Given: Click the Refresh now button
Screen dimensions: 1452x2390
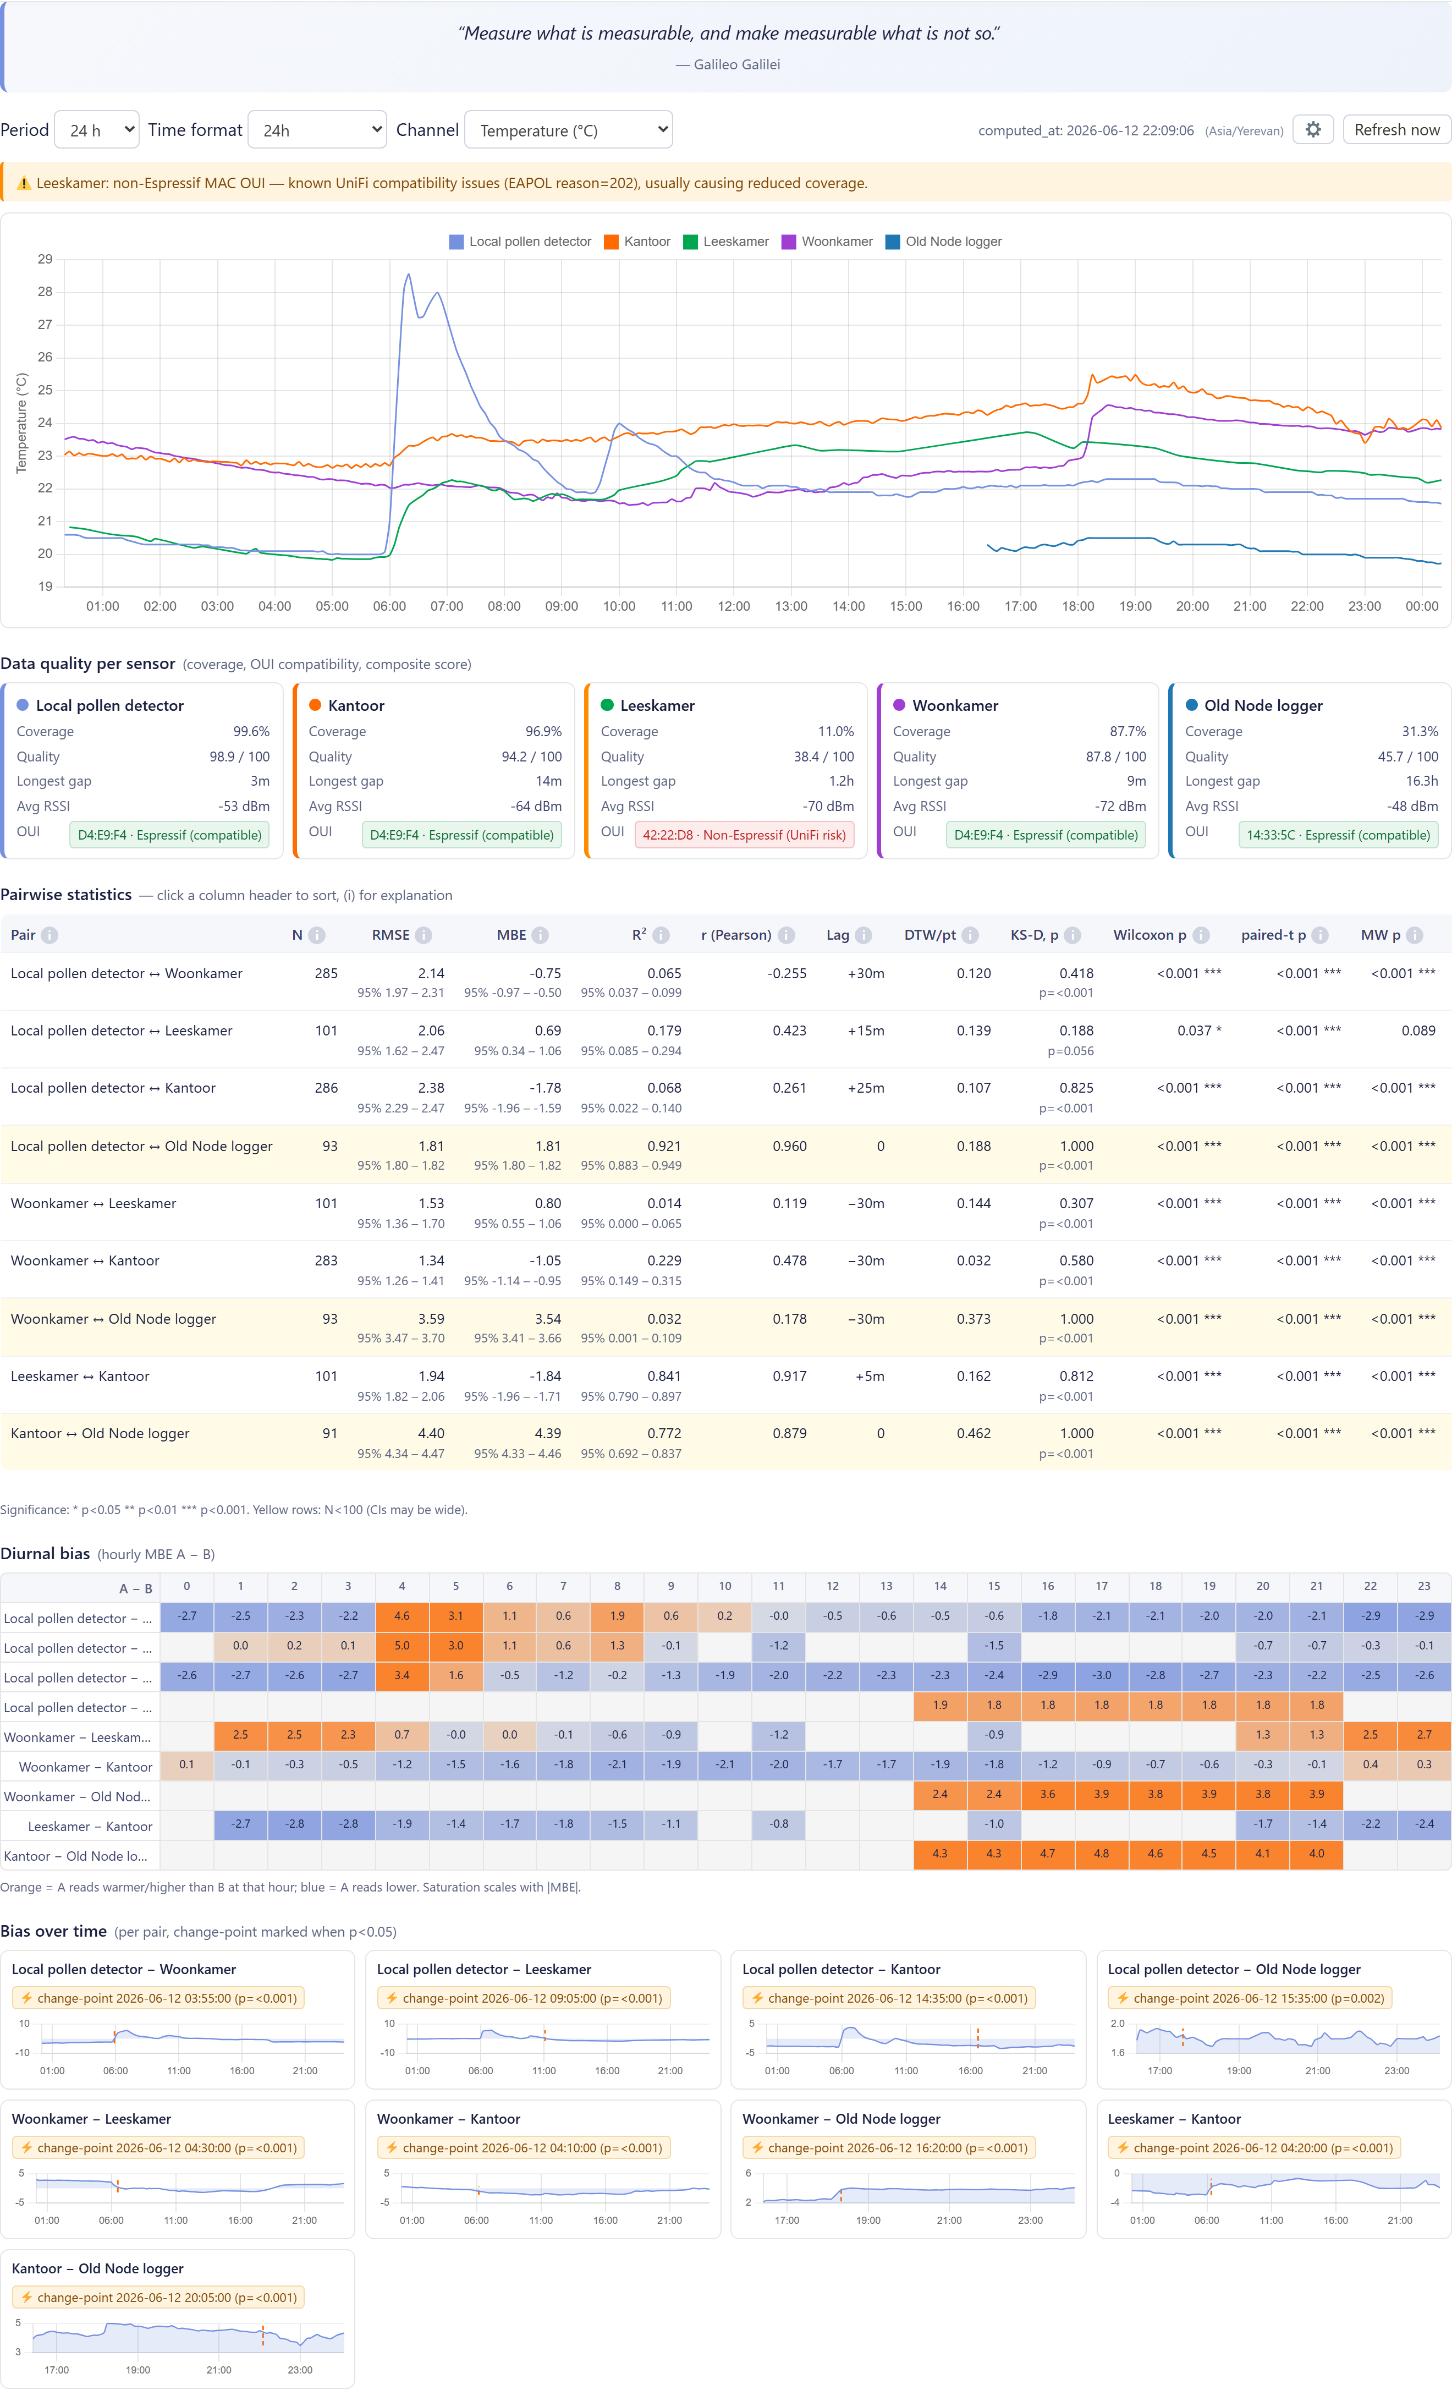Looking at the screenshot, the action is (x=1396, y=130).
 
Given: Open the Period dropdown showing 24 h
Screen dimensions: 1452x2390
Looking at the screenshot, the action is (x=97, y=130).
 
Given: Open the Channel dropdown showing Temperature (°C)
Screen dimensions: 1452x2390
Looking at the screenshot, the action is (x=568, y=130).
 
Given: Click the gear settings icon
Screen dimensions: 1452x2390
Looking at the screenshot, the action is (x=1312, y=130).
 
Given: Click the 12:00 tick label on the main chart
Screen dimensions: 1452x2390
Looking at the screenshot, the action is (x=733, y=606).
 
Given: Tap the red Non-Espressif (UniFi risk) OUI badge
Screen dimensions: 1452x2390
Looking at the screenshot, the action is (x=744, y=835).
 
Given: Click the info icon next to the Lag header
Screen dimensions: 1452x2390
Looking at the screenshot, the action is (x=864, y=935).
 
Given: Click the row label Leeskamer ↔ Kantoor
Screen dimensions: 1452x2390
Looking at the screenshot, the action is (x=80, y=1377).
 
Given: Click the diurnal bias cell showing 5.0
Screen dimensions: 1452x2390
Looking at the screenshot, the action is (x=402, y=1646).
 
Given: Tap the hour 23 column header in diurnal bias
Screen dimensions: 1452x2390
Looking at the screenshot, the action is (x=1423, y=1586).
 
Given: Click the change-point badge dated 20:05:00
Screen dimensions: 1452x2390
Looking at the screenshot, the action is (x=158, y=2298).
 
